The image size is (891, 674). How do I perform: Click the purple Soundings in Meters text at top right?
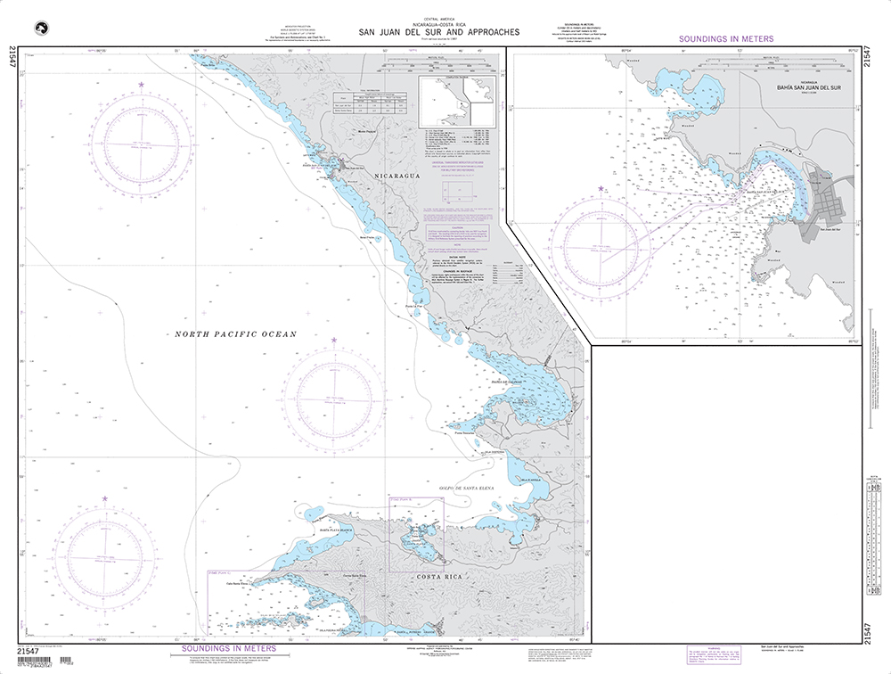(x=726, y=39)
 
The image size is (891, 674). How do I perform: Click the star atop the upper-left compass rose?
(x=140, y=85)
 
